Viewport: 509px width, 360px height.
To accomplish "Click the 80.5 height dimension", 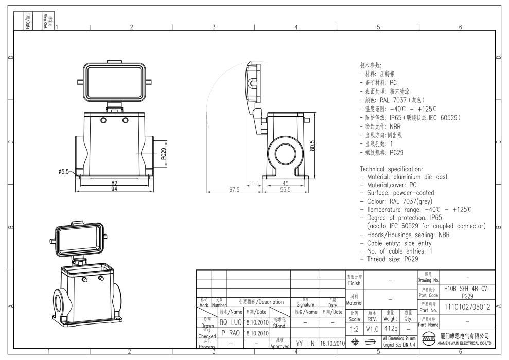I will [x=313, y=147].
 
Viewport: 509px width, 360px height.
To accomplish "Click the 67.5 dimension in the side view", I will [x=234, y=190].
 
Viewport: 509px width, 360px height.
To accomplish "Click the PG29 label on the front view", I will [x=163, y=154].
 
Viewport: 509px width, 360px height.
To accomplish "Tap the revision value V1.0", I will [x=373, y=327].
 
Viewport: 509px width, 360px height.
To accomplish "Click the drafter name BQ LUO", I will [x=231, y=321].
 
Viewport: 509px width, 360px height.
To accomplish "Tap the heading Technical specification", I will [x=391, y=169].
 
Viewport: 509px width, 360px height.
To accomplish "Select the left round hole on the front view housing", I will [x=103, y=120].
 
